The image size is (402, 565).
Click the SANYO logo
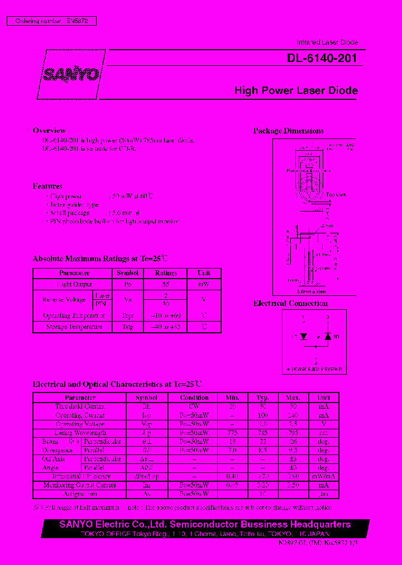(x=71, y=74)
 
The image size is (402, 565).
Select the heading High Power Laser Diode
(x=296, y=90)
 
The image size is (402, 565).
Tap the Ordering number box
(x=51, y=21)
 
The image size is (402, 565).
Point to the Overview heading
(x=49, y=131)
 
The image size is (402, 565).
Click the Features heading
(x=47, y=186)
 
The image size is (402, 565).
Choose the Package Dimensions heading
(x=288, y=131)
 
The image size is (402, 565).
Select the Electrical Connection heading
(x=290, y=303)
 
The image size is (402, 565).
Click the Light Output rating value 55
(x=166, y=284)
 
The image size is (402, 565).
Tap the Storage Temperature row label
(x=74, y=327)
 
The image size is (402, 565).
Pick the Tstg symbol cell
(x=128, y=327)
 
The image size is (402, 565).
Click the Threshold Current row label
(x=80, y=406)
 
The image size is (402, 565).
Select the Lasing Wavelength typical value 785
(x=262, y=433)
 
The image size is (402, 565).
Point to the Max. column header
(x=294, y=398)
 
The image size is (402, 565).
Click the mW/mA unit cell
(x=324, y=476)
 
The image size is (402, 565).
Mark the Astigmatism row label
(x=80, y=494)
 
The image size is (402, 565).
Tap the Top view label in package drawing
(x=337, y=195)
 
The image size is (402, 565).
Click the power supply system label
(x=315, y=370)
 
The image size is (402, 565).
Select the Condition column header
(x=194, y=398)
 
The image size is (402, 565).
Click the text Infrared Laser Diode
(x=327, y=42)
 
